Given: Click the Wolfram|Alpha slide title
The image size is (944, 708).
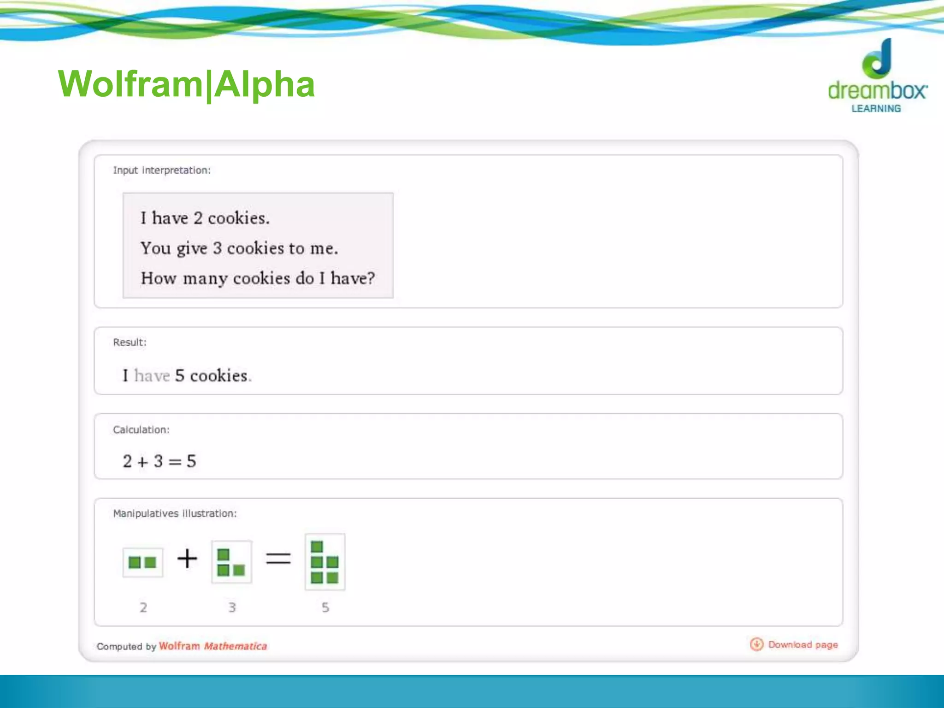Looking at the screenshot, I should point(186,84).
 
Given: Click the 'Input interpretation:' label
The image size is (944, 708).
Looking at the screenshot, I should point(162,171).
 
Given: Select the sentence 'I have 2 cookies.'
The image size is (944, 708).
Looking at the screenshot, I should point(205,218).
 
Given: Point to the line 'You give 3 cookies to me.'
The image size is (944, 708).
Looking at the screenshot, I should point(239,248).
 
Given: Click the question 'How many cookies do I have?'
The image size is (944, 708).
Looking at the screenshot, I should point(258,278).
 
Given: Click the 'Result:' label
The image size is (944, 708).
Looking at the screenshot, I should point(130,342).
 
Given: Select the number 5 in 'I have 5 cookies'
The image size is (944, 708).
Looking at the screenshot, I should point(180,376).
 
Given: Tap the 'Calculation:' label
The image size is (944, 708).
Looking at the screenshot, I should point(141,430).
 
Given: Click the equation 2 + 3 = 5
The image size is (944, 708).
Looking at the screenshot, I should point(159,461).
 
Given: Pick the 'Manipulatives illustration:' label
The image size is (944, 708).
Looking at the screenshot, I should point(175,514).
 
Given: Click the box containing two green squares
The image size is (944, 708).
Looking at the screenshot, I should point(143,562).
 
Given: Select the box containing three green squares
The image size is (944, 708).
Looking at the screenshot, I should point(231,562).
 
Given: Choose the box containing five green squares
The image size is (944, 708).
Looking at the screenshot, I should point(325,562).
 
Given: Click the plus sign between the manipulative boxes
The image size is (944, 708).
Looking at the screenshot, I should point(187,559).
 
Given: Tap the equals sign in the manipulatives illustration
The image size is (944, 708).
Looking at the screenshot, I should point(278,559).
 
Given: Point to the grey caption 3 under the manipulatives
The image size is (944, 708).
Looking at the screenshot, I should point(232,608).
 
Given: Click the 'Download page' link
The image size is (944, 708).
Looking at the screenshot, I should point(802,645).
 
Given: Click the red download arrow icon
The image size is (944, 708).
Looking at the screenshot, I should point(756,644).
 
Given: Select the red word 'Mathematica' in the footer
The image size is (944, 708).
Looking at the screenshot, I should point(235,646).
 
